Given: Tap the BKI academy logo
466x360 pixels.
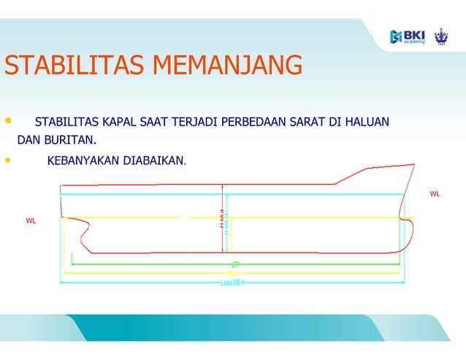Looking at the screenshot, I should (407, 36).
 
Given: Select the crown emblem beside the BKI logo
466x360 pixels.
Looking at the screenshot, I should (440, 36).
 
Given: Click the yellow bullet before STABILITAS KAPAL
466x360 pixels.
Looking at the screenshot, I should (8, 119).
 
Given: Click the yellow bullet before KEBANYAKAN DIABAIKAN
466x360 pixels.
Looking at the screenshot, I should (8, 158).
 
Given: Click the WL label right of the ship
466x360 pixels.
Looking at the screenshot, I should (435, 194).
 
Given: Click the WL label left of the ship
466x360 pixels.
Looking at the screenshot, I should (31, 220).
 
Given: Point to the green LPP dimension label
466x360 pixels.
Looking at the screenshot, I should (234, 264).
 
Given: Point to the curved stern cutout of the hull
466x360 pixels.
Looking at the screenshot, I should (84, 237).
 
